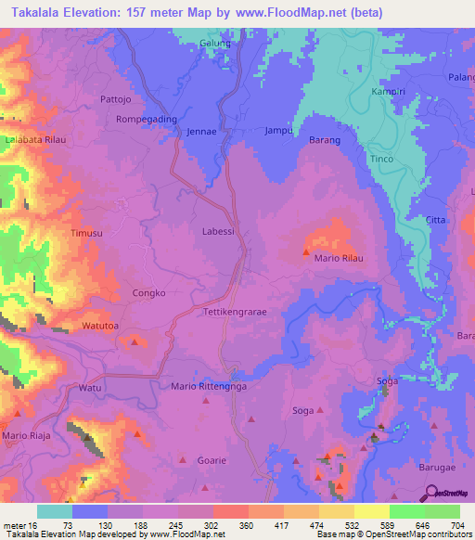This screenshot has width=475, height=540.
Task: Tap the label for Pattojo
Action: (117, 97)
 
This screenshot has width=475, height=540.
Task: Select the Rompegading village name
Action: (146, 120)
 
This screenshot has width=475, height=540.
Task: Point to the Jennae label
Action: (202, 132)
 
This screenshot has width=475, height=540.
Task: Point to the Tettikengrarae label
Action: (235, 313)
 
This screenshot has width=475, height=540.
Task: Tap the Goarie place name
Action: (211, 459)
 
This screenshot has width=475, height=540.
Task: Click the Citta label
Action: (435, 220)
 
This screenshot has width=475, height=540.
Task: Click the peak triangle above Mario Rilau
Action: (305, 250)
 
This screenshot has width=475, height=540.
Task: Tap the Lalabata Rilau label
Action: (34, 138)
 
